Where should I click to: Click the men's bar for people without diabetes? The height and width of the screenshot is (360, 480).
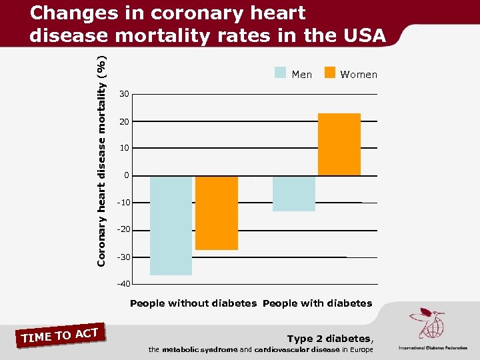pos(171,225)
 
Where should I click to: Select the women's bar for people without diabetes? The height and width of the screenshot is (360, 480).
pos(217,213)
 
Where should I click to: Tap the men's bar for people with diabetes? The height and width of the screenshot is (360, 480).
pos(294,193)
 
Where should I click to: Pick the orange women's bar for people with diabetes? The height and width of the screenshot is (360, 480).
pos(339,145)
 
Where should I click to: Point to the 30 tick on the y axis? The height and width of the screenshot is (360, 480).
pos(125,94)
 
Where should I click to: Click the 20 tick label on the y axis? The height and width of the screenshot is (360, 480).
pos(125,121)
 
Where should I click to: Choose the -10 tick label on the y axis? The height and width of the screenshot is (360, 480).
pos(123,203)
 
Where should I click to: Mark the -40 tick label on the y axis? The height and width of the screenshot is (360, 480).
pos(123,285)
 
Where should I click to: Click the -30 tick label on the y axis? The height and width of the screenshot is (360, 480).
pos(123,257)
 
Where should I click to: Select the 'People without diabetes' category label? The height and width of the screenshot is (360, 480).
pos(193,303)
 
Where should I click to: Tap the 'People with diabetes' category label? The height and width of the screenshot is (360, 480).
pos(317,303)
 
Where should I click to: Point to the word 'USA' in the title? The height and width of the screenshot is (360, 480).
pos(361,35)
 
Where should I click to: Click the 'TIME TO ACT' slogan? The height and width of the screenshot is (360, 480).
pos(60,335)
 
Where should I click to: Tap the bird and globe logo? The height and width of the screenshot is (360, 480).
pos(427,323)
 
